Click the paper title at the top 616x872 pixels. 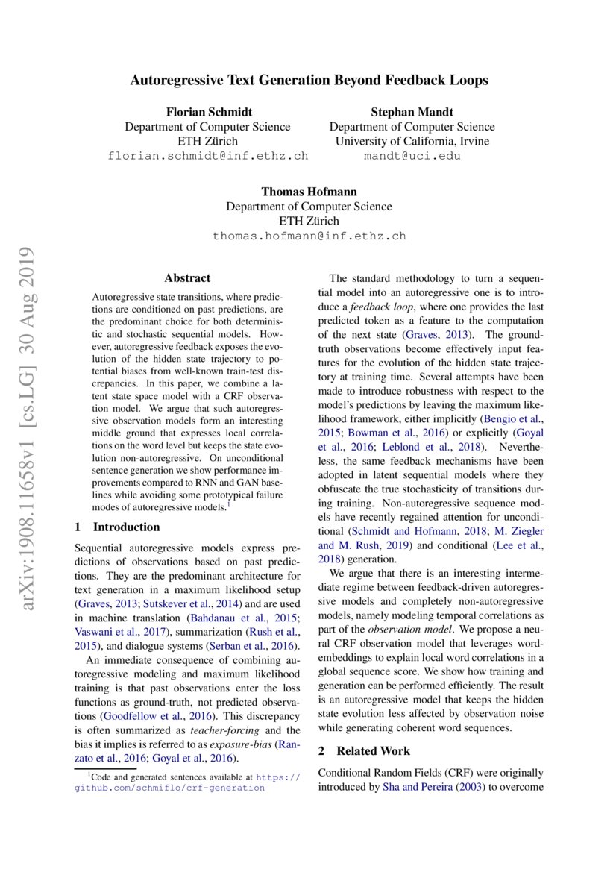click(309, 80)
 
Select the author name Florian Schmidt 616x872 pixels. click(207, 112)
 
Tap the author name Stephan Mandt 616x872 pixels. click(412, 112)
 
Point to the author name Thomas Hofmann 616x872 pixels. click(309, 192)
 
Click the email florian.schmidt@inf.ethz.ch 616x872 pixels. click(207, 156)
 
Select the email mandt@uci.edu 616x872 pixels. click(412, 156)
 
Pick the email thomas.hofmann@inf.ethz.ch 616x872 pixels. click(309, 236)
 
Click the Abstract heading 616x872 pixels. click(187, 278)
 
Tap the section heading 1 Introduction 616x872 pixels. click(117, 527)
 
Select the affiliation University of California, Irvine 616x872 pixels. click(412, 141)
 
